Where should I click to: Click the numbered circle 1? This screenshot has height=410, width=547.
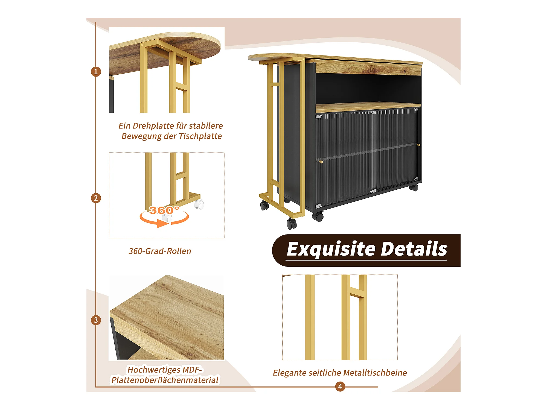tap(96, 72)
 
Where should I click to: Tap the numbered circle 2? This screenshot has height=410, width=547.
tap(96, 198)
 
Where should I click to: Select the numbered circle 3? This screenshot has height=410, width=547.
tap(96, 320)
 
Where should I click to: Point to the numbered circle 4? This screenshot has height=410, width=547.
tap(340, 386)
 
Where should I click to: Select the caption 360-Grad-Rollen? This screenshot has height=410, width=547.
tap(160, 251)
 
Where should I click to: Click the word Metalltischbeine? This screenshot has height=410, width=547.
tap(375, 373)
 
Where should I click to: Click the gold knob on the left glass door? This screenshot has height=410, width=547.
tap(321, 162)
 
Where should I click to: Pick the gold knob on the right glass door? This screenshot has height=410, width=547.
tap(418, 145)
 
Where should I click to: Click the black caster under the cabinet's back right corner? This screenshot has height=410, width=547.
tap(414, 188)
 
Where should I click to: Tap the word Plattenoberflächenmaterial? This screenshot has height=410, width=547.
tap(165, 380)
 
